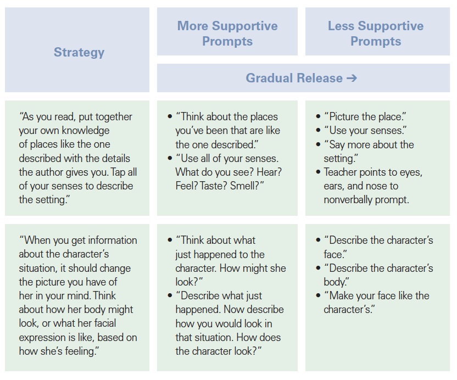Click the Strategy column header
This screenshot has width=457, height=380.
tap(79, 53)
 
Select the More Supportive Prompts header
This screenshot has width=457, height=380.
tap(227, 33)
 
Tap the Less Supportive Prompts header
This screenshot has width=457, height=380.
tap(376, 33)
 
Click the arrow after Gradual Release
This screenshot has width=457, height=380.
tap(352, 78)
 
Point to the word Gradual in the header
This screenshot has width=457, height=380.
tap(265, 78)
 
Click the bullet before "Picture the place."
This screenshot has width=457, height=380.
tap(318, 116)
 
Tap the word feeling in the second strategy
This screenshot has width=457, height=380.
tap(82, 351)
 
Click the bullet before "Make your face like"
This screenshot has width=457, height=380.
tap(318, 295)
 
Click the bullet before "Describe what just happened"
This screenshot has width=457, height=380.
tap(170, 295)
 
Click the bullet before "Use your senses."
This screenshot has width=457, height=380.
tap(318, 130)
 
